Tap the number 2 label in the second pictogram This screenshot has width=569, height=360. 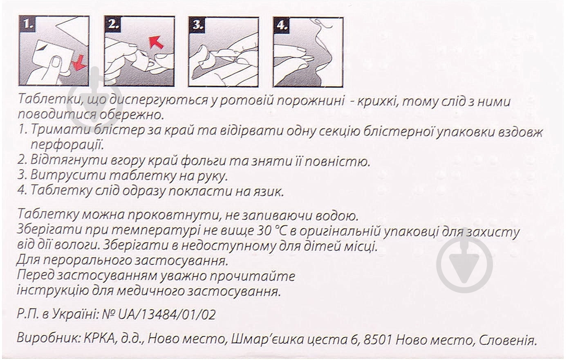point(113,25)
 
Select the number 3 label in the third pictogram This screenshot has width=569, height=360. point(197,25)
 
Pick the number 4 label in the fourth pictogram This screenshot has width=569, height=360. point(282,25)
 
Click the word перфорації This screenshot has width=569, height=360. point(67,145)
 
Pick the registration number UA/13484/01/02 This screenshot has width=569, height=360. point(167,314)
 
